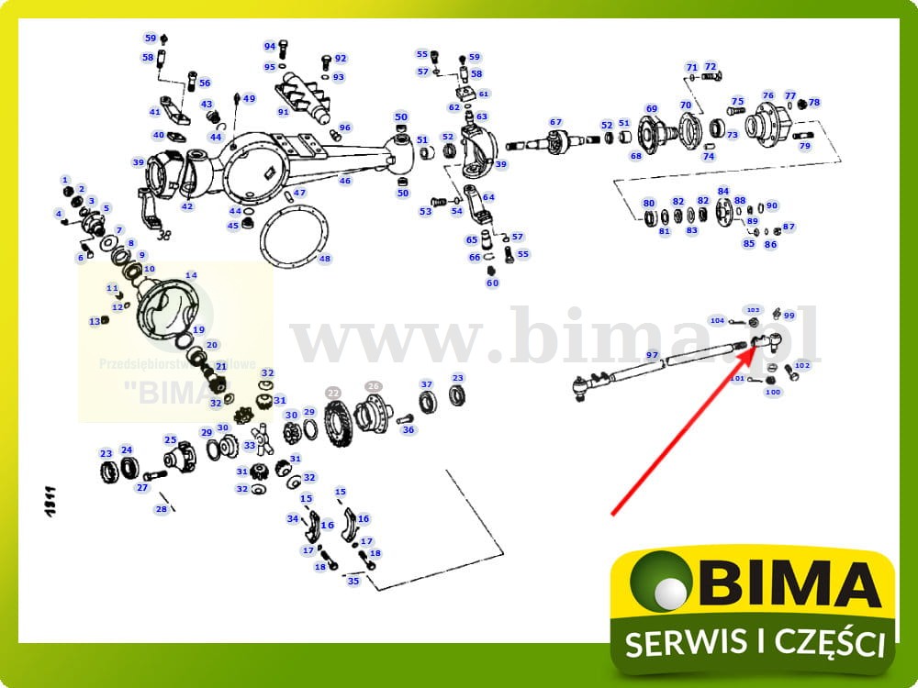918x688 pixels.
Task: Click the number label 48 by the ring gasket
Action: [x=325, y=259]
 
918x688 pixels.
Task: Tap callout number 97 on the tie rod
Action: [x=653, y=355]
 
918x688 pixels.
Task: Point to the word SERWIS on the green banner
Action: [x=685, y=644]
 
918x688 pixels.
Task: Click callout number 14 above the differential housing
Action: [x=191, y=275]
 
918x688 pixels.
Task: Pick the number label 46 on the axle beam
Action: [x=345, y=181]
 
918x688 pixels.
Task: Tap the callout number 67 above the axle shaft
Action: [x=555, y=122]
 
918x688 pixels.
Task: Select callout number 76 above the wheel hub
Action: [x=767, y=95]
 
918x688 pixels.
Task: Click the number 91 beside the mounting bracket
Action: [x=284, y=112]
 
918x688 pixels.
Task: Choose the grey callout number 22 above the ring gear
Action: [x=333, y=392]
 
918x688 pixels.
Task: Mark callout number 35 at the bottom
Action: [x=353, y=581]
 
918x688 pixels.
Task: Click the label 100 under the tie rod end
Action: [x=773, y=393]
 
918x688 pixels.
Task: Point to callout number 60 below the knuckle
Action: [x=493, y=283]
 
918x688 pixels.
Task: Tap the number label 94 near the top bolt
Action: [x=270, y=46]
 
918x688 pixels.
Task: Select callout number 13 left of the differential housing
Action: [x=95, y=322]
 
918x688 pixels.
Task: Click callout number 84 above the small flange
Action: [x=723, y=191]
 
